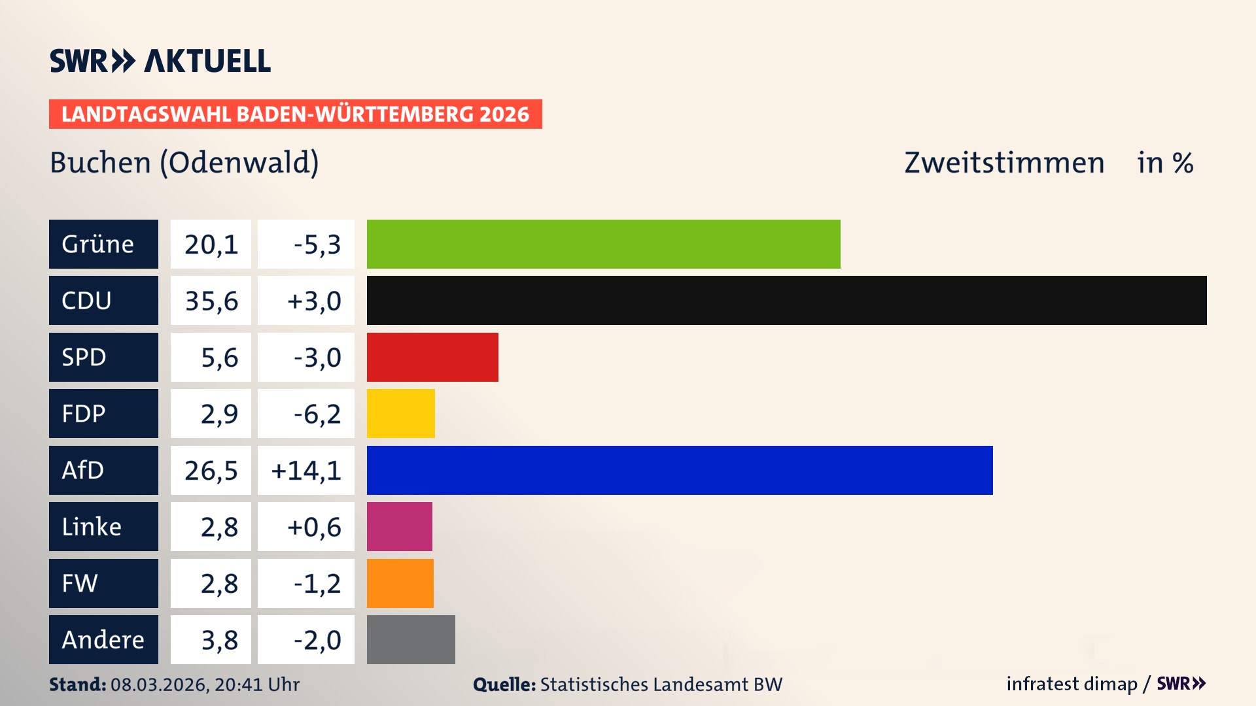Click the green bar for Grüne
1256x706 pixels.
coord(603,244)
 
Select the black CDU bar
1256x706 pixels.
coord(786,301)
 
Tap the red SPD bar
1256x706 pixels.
coord(432,357)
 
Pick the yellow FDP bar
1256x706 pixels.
coord(400,413)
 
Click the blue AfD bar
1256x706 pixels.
coord(679,470)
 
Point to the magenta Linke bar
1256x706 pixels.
coord(399,526)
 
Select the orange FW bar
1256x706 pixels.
coord(400,583)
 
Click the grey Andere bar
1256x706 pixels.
coord(411,639)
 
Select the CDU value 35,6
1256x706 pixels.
coord(211,301)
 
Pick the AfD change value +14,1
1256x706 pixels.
coord(305,470)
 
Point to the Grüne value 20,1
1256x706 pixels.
coord(211,244)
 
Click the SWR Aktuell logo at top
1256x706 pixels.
coord(160,61)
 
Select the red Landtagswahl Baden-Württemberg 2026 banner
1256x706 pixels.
coord(295,114)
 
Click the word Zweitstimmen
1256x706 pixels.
coord(1004,163)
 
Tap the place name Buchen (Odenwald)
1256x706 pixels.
coord(184,163)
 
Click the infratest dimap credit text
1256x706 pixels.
coord(1072,684)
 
